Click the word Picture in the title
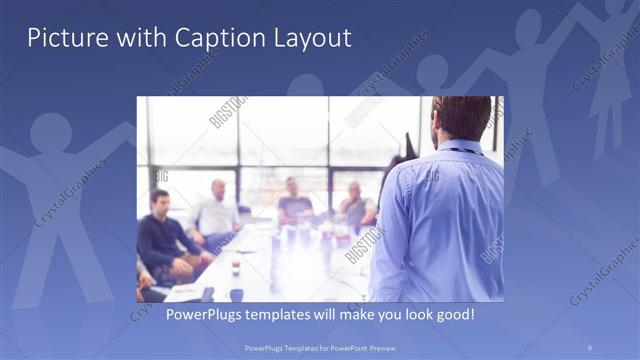[63, 39]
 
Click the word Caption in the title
[217, 39]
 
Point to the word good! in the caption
[452, 315]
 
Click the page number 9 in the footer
[590, 346]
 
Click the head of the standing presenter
[462, 118]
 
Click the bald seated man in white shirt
[216, 210]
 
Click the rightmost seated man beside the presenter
[355, 205]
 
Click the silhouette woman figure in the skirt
[608, 90]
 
